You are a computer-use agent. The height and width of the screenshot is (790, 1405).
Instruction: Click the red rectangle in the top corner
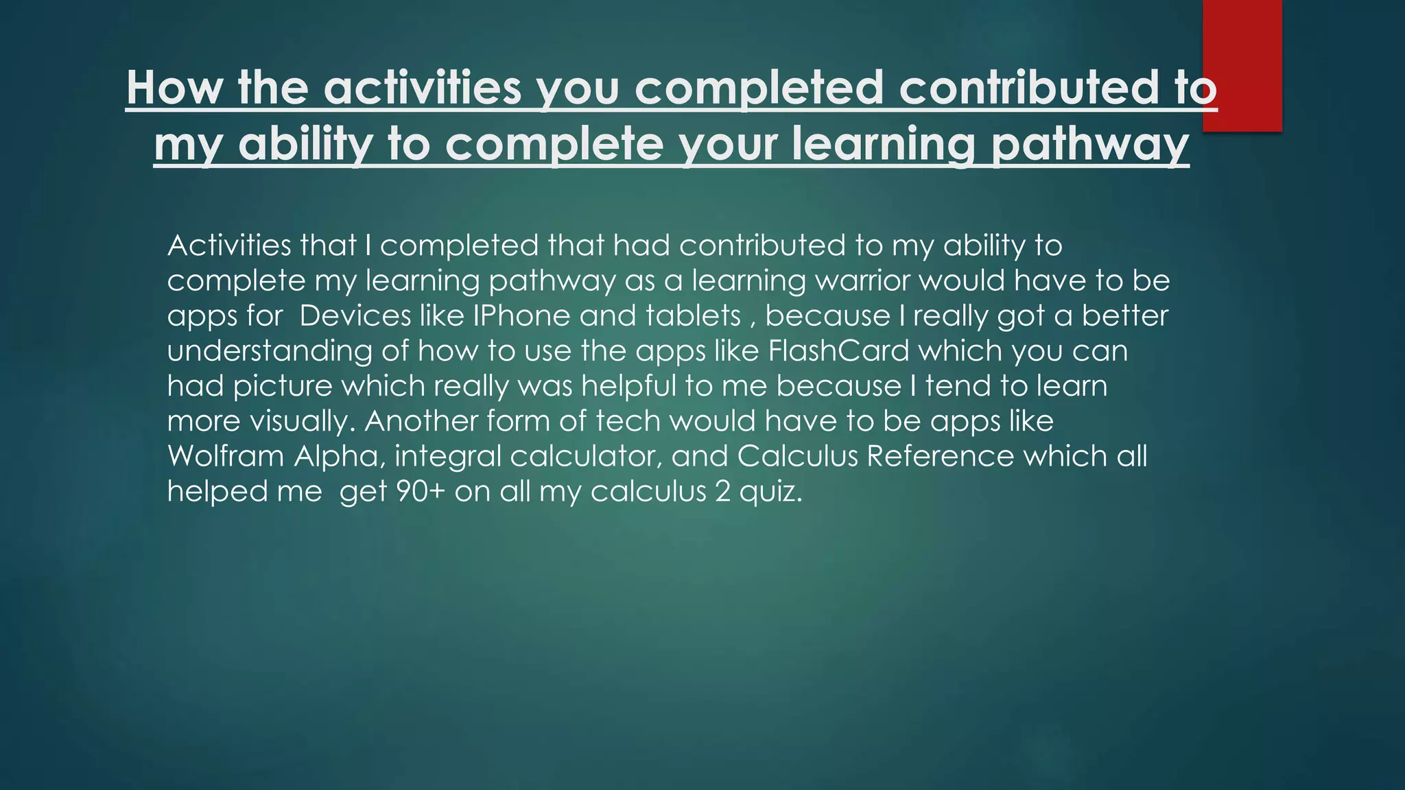pos(1242,65)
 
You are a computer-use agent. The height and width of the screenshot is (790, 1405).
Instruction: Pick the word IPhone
pos(521,315)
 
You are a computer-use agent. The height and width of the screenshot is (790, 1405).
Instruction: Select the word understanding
pos(270,351)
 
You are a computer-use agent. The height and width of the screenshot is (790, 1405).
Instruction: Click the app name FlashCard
pos(838,351)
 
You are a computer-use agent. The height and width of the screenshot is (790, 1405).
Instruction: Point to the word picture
pos(283,386)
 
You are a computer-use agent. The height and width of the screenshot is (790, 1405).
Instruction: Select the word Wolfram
pos(226,456)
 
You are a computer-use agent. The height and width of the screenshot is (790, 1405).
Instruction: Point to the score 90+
pos(421,492)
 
